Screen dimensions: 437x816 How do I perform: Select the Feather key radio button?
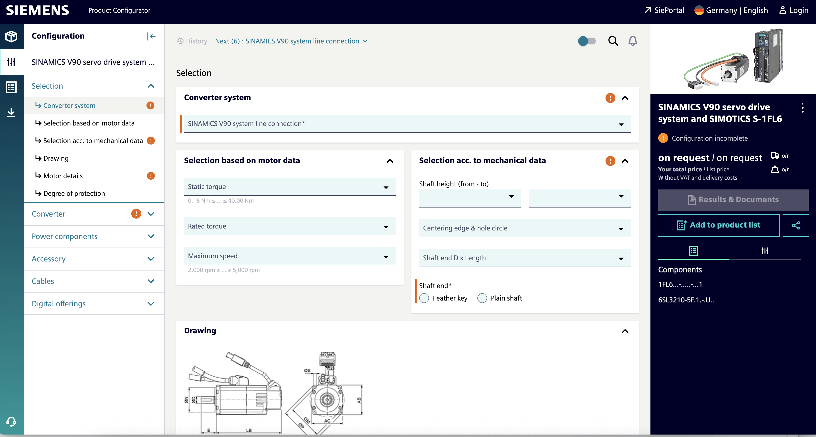pyautogui.click(x=424, y=298)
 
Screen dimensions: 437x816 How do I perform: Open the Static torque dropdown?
pyautogui.click(x=290, y=187)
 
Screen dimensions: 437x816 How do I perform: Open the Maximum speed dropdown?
pyautogui.click(x=290, y=256)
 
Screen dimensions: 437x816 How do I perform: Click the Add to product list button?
pyautogui.click(x=718, y=225)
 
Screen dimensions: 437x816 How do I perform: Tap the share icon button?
pyautogui.click(x=796, y=225)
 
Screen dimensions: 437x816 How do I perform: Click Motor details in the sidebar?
pyautogui.click(x=63, y=176)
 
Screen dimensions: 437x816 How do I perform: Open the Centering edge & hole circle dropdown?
pyautogui.click(x=524, y=228)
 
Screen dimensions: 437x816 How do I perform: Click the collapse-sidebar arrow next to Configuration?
pyautogui.click(x=151, y=36)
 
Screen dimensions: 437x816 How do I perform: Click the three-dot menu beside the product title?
pyautogui.click(x=802, y=108)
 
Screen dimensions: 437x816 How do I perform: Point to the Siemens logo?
pyautogui.click(x=37, y=10)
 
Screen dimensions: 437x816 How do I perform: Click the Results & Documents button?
pyautogui.click(x=733, y=200)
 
